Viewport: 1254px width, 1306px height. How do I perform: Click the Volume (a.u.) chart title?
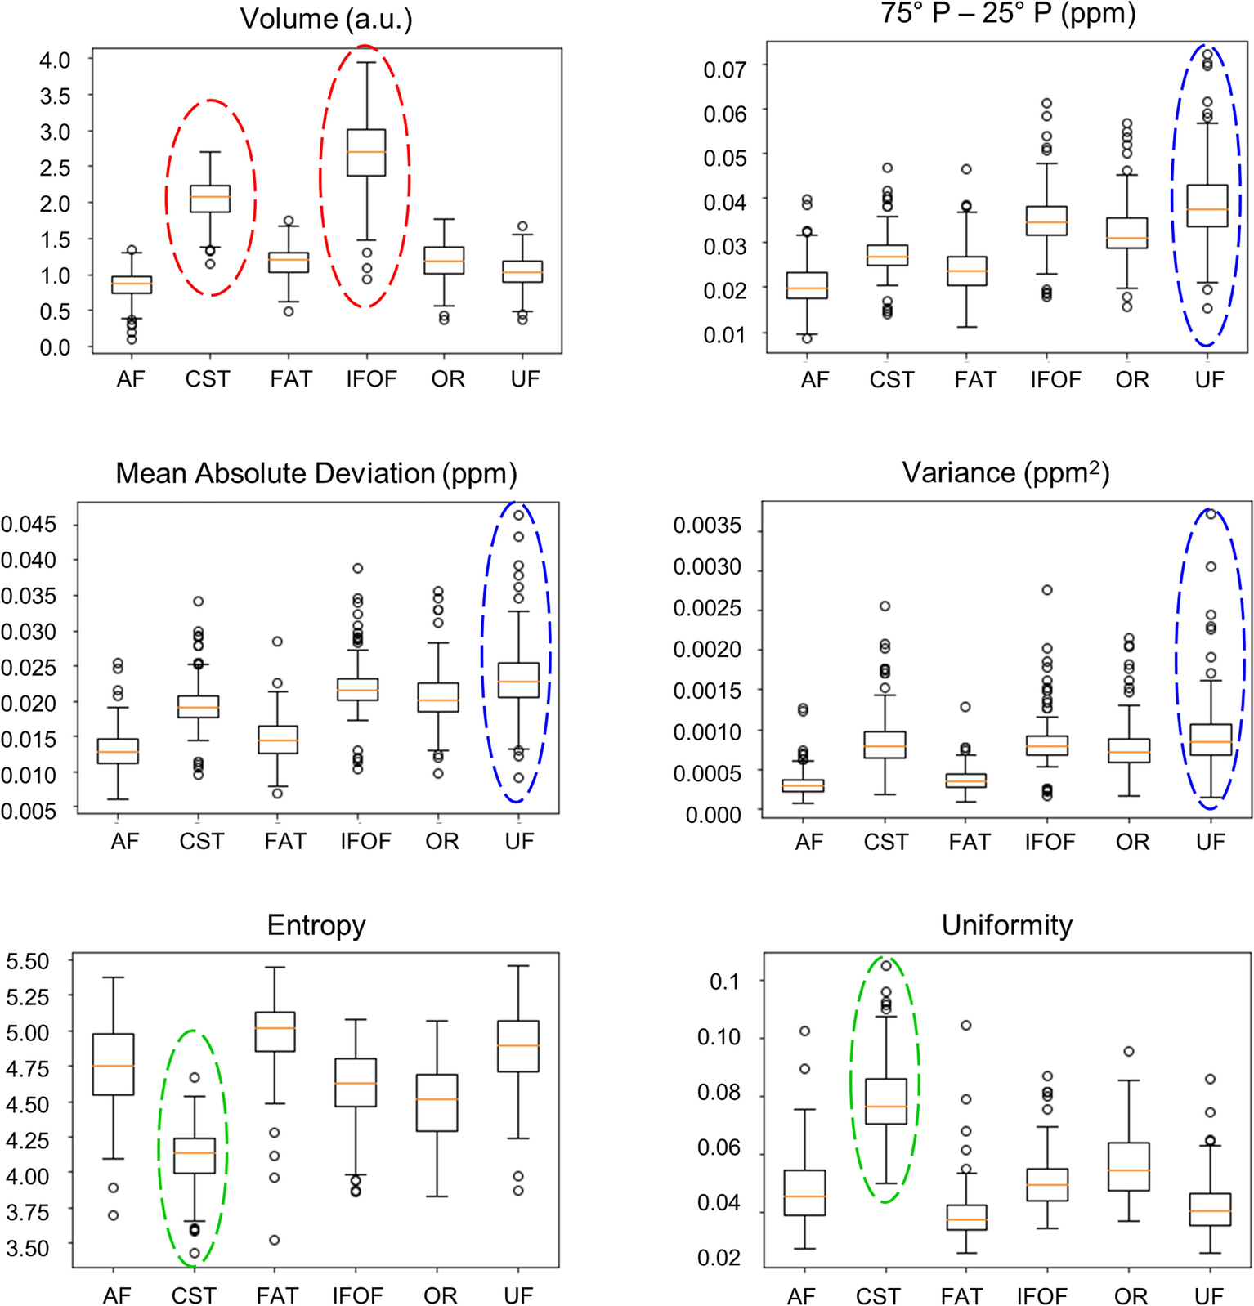[326, 19]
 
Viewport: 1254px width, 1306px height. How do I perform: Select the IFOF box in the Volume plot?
[365, 152]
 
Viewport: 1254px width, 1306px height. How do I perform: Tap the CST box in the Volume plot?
[210, 198]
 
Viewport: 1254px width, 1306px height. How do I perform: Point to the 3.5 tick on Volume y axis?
[55, 96]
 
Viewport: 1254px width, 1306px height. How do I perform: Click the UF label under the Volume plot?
[525, 379]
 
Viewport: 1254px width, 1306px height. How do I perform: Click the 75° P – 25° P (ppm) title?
[1008, 13]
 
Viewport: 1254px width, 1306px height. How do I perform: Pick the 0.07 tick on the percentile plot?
[724, 69]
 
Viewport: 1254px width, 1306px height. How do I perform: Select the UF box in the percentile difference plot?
[1207, 206]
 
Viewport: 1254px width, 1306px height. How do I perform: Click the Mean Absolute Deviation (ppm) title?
[316, 473]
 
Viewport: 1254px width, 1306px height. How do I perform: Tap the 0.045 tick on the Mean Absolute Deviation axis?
[29, 524]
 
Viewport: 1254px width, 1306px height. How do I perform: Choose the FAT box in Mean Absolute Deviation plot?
[278, 739]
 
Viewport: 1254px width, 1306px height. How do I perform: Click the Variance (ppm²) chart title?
[1005, 473]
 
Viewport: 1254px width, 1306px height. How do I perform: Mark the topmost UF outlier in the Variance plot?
[1211, 514]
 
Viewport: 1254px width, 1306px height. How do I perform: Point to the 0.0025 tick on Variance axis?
[706, 608]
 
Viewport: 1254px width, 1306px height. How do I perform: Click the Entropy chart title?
[316, 925]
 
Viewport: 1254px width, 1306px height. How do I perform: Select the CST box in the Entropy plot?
[195, 1155]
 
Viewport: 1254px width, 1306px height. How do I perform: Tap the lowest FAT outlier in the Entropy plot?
[275, 1240]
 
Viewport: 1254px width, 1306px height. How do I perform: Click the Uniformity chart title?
[1006, 925]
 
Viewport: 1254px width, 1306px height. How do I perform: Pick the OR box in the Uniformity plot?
[1129, 1166]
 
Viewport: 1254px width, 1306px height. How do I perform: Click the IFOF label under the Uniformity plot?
[1041, 1296]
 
